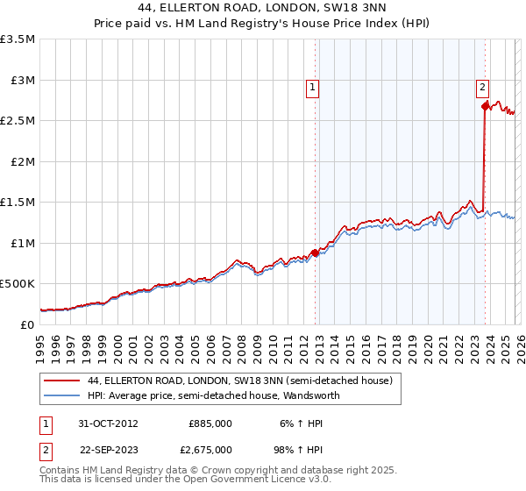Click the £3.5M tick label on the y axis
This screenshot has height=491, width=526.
click(18, 39)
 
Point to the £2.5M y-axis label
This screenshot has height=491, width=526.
click(18, 121)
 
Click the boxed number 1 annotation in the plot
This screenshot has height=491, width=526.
click(312, 87)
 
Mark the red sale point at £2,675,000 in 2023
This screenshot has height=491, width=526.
click(485, 106)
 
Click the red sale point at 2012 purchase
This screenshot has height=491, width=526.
click(316, 253)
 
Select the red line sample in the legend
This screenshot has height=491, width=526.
click(61, 381)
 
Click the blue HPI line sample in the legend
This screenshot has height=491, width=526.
click(61, 395)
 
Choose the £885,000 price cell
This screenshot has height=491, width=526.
click(210, 423)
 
